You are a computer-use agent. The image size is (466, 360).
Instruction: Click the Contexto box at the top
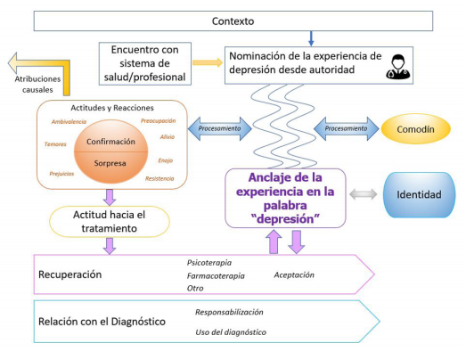(x=233, y=21)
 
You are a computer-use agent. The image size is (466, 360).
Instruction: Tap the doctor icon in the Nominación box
(x=397, y=67)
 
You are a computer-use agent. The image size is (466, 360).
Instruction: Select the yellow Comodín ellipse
(x=416, y=129)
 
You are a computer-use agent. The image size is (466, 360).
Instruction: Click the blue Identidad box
(x=419, y=195)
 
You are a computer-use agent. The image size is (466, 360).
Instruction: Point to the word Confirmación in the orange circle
(x=110, y=142)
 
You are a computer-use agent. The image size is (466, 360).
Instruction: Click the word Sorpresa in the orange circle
(x=110, y=163)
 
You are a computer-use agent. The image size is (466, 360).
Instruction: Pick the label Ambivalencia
(x=69, y=121)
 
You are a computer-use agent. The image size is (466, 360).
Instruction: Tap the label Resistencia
(x=159, y=178)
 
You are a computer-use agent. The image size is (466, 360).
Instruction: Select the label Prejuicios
(x=61, y=174)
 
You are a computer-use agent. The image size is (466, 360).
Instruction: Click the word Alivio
(x=168, y=136)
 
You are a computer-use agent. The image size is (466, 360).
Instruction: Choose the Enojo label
(x=166, y=160)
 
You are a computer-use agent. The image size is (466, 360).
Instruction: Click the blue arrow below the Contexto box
(x=311, y=38)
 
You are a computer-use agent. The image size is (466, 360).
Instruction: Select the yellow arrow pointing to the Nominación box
(x=208, y=62)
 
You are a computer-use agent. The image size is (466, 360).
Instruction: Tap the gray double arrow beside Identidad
(x=364, y=194)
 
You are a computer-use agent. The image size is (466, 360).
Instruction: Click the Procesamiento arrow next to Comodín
(x=347, y=128)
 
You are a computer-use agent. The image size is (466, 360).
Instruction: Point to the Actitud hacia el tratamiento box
(x=110, y=222)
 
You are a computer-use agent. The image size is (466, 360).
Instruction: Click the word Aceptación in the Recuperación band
(x=294, y=275)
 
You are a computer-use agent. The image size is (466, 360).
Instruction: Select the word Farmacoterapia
(x=216, y=276)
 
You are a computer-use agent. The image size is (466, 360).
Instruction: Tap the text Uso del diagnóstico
(x=231, y=332)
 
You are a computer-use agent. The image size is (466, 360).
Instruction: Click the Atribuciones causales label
(x=37, y=85)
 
